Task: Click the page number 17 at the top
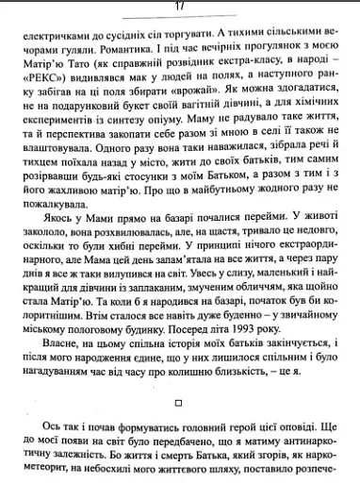pyautogui.click(x=178, y=6)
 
